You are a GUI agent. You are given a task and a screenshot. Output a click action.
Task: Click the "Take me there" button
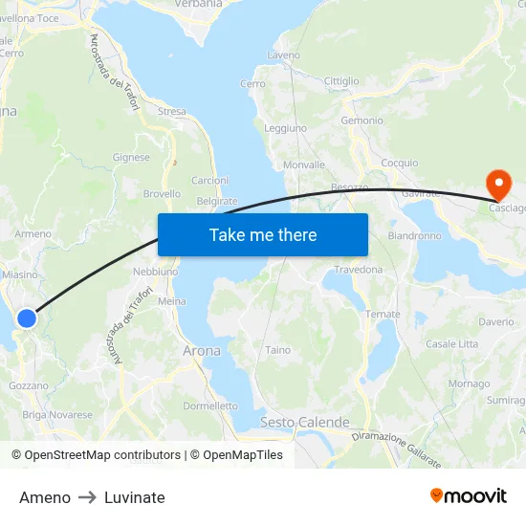coord(263,234)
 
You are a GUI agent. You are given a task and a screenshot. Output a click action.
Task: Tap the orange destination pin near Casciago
coord(498,183)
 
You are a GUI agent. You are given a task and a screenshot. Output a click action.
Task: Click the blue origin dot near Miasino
coord(27,318)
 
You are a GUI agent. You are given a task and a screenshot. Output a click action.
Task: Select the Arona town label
coord(201,351)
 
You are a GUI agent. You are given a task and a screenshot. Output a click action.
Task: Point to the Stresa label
coord(172,112)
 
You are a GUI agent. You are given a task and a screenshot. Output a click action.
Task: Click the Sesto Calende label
coord(305,423)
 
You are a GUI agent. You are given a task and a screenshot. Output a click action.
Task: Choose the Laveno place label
coord(284,55)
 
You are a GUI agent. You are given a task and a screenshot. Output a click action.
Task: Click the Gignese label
coord(131,158)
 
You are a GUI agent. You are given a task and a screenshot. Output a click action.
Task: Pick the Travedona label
coord(359,270)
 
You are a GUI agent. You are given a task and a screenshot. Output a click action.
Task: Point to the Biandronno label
coord(414,235)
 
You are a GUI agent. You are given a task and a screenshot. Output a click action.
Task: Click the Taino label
coord(278,350)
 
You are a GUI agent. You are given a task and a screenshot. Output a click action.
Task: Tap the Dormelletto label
coord(210,406)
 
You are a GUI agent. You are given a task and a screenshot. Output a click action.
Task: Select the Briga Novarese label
coord(57,415)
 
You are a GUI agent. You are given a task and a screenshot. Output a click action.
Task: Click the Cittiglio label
coord(341,81)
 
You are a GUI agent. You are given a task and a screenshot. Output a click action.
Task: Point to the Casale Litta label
coord(451,343)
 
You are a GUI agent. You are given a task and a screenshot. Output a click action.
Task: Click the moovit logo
coord(468,495)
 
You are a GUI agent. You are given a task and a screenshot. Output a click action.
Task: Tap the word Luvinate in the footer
coord(135,497)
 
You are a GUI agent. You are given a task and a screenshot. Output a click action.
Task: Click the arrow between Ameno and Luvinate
coord(87,497)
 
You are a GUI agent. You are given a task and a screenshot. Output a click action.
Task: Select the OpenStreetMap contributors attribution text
coord(102,455)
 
